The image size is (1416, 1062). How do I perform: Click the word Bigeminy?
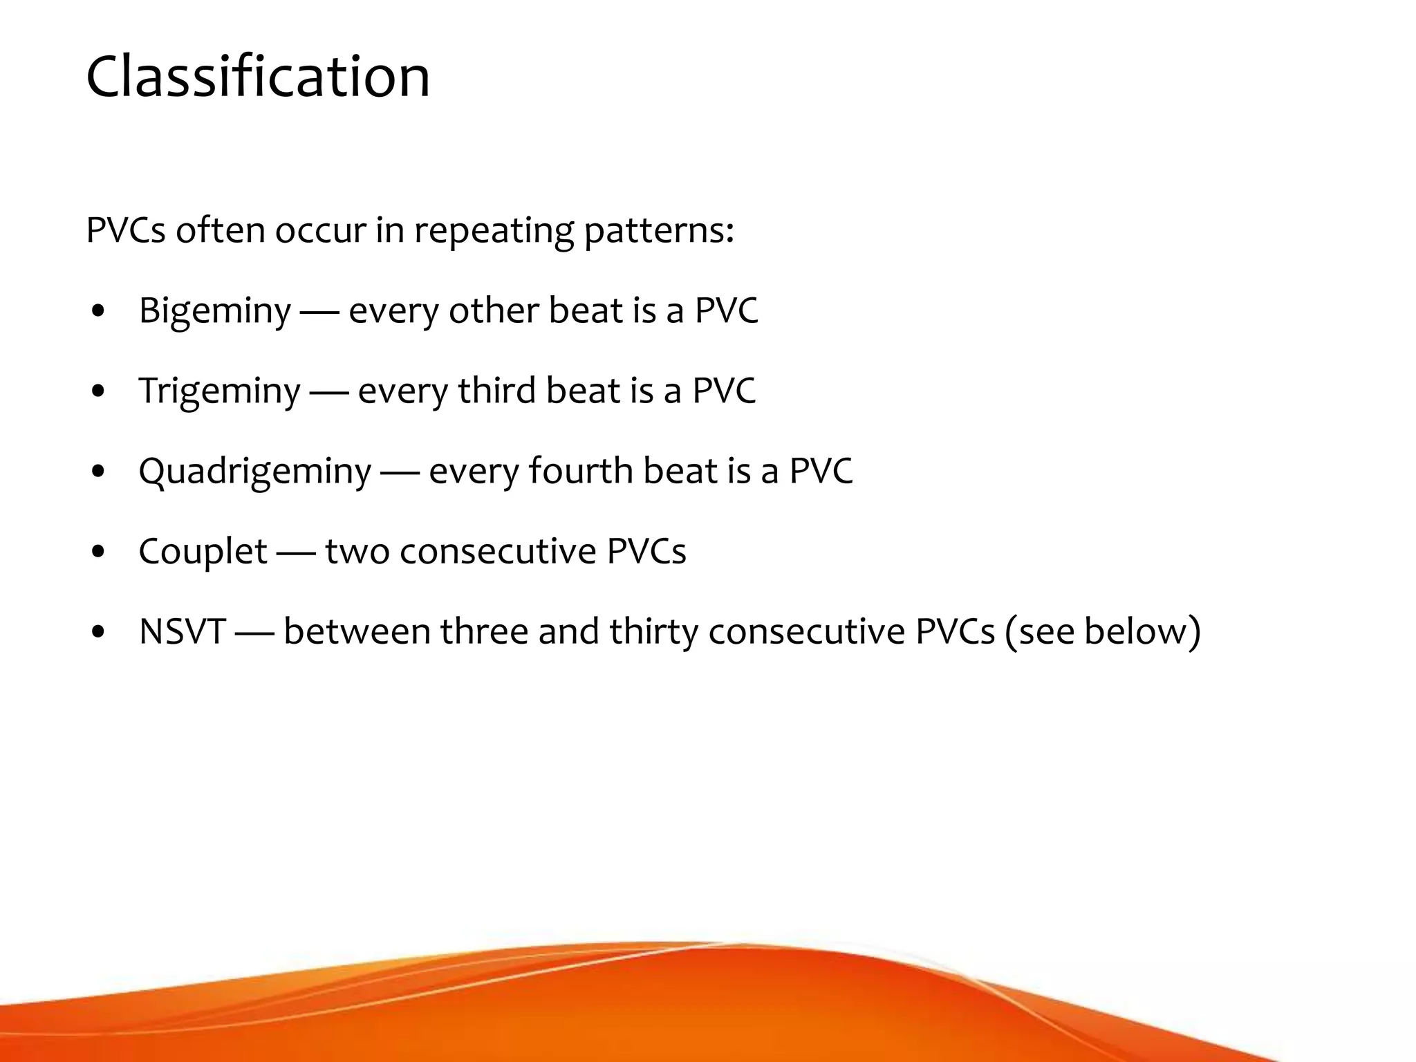214,310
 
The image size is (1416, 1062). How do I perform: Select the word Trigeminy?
219,391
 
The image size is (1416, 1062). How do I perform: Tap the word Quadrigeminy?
254,471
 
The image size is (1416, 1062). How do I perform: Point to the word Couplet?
202,551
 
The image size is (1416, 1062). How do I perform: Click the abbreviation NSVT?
182,631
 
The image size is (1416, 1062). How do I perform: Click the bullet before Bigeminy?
98,311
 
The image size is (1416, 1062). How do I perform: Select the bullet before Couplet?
98,552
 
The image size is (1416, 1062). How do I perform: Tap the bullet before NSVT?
98,632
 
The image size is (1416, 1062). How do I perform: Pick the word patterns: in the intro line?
658,230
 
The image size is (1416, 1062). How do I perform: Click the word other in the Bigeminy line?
493,310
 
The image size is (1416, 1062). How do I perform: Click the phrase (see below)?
1102,631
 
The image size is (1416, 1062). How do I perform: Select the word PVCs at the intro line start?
125,230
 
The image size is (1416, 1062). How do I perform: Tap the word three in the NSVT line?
484,631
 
